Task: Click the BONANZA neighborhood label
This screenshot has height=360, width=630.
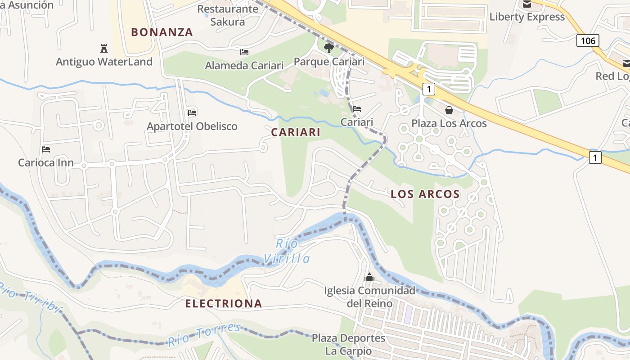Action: point(162,32)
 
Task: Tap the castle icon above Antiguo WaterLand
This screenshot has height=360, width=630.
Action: point(104,48)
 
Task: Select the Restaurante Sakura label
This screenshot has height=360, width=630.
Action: point(227,15)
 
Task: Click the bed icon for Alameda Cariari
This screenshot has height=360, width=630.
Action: point(244,52)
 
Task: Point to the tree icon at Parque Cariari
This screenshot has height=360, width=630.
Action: point(329,48)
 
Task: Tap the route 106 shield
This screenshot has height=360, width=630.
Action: point(588,41)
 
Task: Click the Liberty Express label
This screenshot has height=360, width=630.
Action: point(527,17)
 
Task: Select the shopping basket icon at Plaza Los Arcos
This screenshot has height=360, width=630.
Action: point(449,110)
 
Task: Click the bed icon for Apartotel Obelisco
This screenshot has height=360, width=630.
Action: point(192,112)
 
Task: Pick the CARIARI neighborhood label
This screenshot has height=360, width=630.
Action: point(296,132)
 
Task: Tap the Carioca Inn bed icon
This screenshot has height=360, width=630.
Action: point(45,149)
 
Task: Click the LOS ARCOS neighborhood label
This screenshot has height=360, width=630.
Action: point(425,194)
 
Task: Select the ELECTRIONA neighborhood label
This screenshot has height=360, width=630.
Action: point(224,304)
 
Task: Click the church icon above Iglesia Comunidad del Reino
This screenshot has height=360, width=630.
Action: point(369,277)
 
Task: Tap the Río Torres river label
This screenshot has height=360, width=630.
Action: point(205,335)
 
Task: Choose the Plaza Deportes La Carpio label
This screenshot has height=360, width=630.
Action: point(349,344)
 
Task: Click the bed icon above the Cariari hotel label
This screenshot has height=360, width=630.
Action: point(357,108)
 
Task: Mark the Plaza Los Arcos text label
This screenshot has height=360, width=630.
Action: point(449,123)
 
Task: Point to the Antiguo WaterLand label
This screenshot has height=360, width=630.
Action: point(104,62)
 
